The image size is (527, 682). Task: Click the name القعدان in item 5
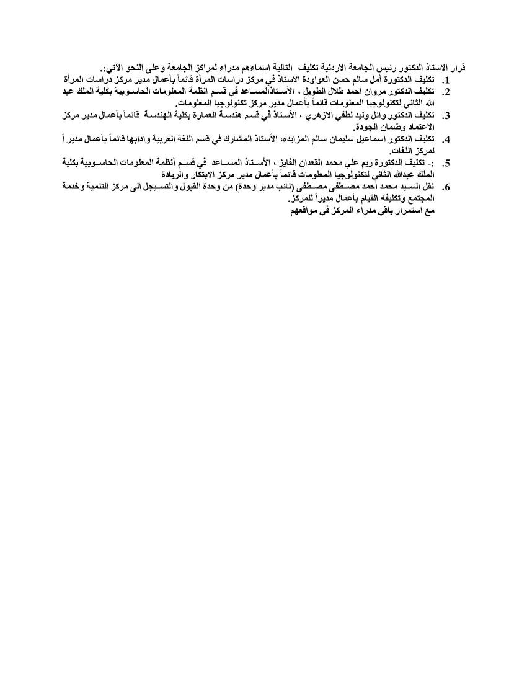[x=324, y=163]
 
